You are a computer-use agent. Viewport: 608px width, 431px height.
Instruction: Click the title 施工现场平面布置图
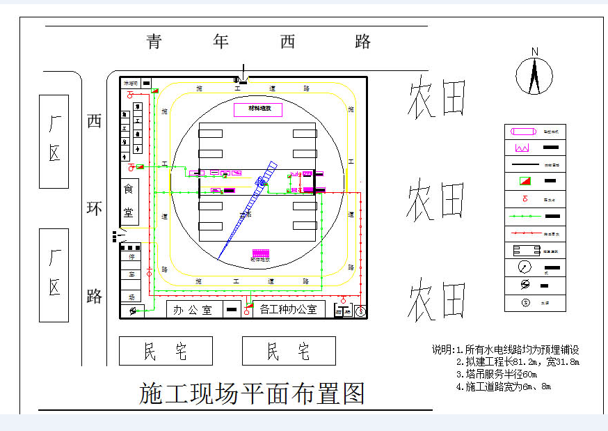(x=252, y=395)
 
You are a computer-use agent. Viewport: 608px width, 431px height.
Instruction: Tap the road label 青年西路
(x=258, y=42)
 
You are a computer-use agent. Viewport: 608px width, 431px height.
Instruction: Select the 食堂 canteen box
(x=129, y=201)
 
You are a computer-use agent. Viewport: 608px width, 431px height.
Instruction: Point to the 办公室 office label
(x=193, y=310)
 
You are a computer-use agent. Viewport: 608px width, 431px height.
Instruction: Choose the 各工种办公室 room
(x=288, y=309)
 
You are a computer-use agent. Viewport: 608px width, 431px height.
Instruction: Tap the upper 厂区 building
(x=54, y=141)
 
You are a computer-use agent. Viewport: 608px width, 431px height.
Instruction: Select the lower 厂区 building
(x=54, y=274)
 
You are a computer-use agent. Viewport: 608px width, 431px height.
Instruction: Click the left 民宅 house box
(x=166, y=351)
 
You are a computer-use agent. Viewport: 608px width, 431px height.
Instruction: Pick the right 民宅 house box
(x=289, y=351)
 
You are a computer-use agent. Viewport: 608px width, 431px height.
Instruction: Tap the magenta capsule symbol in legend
(x=521, y=131)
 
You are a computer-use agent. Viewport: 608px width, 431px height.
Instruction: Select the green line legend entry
(x=522, y=217)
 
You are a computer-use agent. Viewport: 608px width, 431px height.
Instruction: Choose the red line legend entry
(x=522, y=234)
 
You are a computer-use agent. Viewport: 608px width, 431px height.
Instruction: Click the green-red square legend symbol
(x=521, y=182)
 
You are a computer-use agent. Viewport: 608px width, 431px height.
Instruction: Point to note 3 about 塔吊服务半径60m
(x=497, y=375)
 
